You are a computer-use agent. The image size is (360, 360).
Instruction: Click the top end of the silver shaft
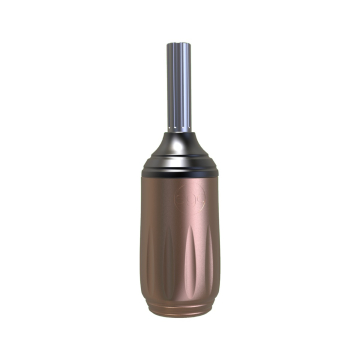(x=180, y=41)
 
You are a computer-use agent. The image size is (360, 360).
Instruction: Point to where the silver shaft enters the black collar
(x=180, y=133)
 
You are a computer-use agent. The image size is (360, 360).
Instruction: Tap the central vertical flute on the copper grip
(x=180, y=270)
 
